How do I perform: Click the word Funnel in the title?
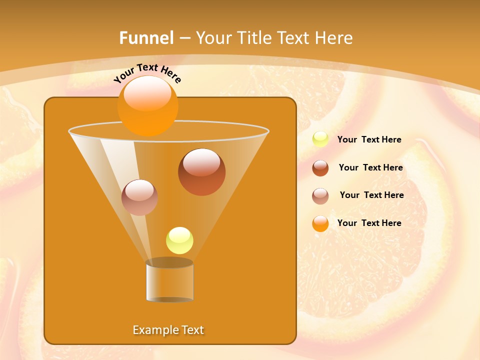146,38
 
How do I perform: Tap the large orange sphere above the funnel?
148,105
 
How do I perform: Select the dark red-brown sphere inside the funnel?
201,172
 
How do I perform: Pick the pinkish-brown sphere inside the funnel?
139,197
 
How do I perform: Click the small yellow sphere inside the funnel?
179,240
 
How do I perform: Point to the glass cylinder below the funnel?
169,282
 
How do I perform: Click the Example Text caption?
168,330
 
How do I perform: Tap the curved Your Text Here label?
147,72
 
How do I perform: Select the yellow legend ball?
320,139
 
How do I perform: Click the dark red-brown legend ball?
320,168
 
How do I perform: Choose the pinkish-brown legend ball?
320,196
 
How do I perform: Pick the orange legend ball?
320,223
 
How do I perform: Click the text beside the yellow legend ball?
369,140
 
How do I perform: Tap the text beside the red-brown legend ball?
370,168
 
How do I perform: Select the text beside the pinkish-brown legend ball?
371,195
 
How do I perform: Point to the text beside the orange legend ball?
369,223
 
